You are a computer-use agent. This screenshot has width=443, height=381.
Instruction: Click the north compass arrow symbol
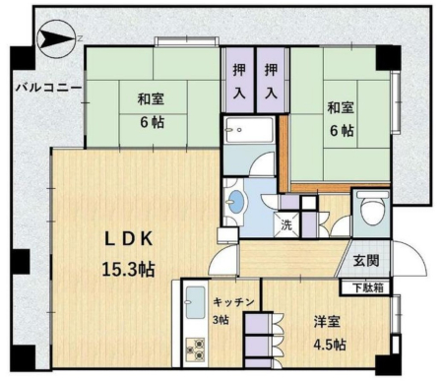(56, 38)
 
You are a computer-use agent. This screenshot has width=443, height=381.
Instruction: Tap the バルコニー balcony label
(48, 88)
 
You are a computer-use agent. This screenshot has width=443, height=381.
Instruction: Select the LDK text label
(129, 239)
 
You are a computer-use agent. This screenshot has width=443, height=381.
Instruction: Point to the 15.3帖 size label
(128, 270)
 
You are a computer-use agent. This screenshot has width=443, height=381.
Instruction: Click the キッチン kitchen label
(233, 302)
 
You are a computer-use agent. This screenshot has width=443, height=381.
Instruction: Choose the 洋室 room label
(327, 322)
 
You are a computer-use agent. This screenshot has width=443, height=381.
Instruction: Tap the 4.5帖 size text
(330, 345)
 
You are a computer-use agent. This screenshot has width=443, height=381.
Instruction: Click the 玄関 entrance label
(366, 261)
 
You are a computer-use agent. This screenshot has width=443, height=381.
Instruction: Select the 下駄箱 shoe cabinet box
(365, 287)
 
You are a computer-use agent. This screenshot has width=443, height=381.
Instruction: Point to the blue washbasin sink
(236, 201)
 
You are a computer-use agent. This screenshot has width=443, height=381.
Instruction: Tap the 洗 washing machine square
(286, 224)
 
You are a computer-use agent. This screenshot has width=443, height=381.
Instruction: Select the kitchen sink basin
(196, 302)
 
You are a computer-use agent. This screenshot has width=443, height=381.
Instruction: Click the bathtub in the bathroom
(248, 130)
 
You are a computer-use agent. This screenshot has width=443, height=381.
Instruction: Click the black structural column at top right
(388, 58)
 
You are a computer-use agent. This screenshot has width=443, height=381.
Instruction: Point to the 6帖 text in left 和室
(152, 122)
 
